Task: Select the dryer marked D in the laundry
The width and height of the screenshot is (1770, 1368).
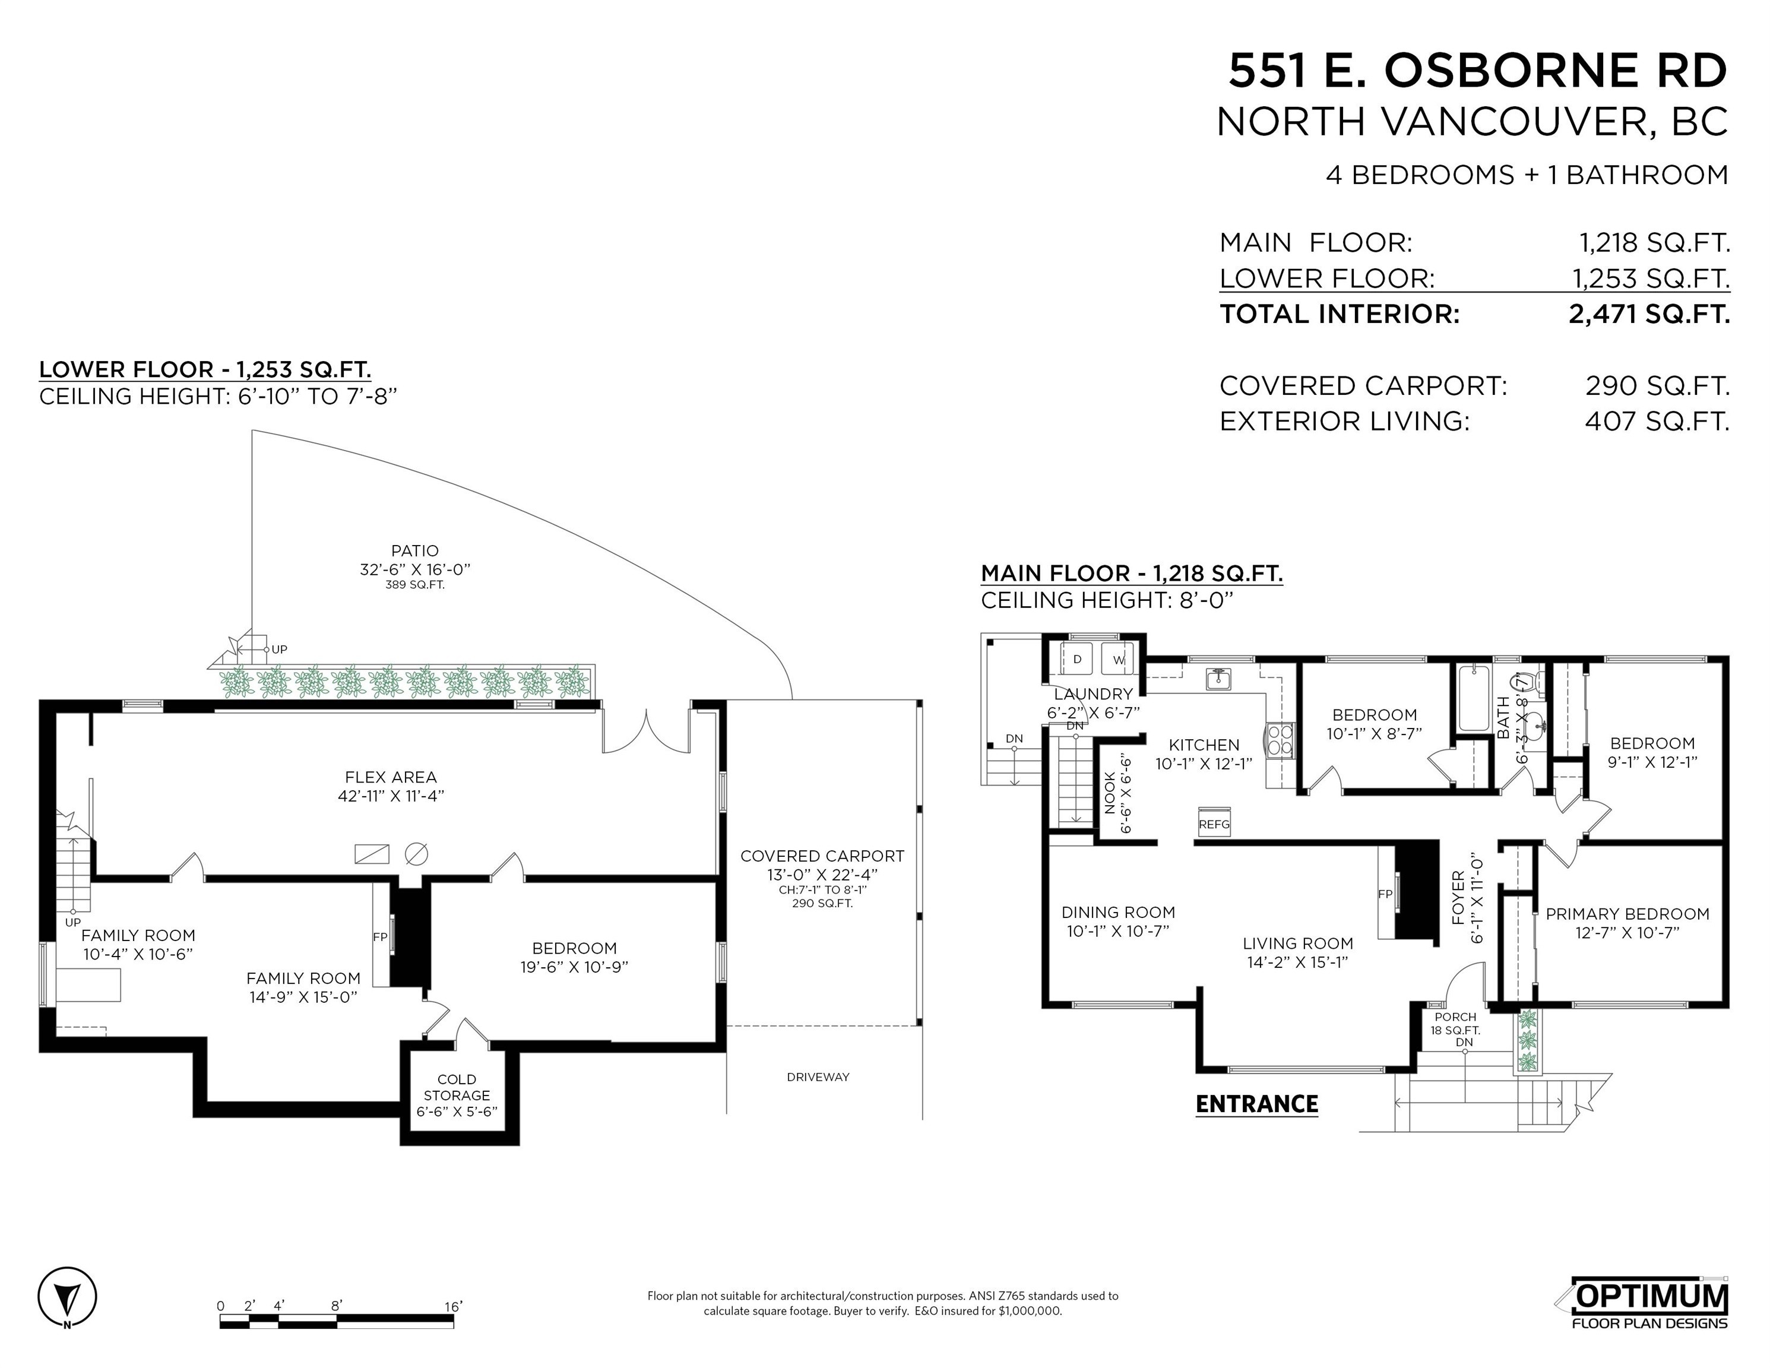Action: coord(1077,659)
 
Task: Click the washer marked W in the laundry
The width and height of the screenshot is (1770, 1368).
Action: coord(1119,659)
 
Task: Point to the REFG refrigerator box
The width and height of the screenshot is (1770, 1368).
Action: coord(1214,822)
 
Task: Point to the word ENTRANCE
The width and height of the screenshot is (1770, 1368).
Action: coord(1257,1104)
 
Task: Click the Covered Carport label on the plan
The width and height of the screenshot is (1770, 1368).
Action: coord(822,856)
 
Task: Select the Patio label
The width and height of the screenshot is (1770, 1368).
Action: coord(415,551)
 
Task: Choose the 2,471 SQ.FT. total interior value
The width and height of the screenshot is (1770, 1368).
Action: coord(1648,313)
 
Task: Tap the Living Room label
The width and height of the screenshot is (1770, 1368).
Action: coord(1297,943)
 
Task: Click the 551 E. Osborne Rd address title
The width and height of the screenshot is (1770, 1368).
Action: coord(1477,71)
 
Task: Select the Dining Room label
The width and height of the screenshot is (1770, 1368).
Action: coord(1119,913)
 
